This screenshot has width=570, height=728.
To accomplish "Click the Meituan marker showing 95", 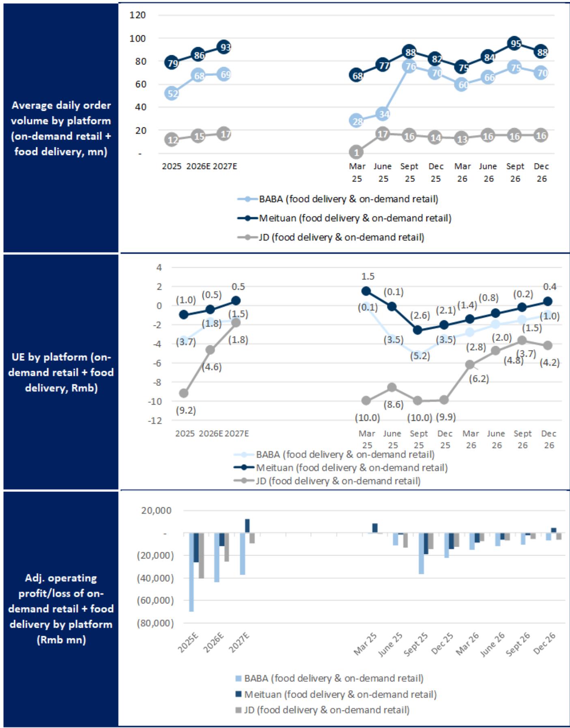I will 515,43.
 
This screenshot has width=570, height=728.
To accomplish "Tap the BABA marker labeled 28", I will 357,121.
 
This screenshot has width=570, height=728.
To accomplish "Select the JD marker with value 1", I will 356,152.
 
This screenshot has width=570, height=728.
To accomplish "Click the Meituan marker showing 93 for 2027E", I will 224,47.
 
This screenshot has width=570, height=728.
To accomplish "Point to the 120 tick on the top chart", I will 138,15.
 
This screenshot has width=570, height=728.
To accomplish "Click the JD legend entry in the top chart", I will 331,237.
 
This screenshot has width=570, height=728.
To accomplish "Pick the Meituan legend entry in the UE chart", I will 341,467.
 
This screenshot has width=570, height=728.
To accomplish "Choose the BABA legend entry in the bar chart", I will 329,678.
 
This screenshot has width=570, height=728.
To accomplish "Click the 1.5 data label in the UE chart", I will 368,276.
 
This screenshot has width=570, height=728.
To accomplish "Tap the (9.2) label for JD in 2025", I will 186,410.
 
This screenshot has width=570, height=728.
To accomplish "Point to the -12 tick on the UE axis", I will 155,420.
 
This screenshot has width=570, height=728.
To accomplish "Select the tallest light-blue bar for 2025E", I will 191,572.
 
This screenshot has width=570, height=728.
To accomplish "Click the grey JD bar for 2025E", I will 201,555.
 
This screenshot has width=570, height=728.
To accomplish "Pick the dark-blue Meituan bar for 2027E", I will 247,526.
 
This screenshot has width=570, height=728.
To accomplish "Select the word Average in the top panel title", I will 32,105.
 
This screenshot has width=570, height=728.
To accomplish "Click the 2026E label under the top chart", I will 198,166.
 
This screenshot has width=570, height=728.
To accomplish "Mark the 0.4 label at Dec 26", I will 549,287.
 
